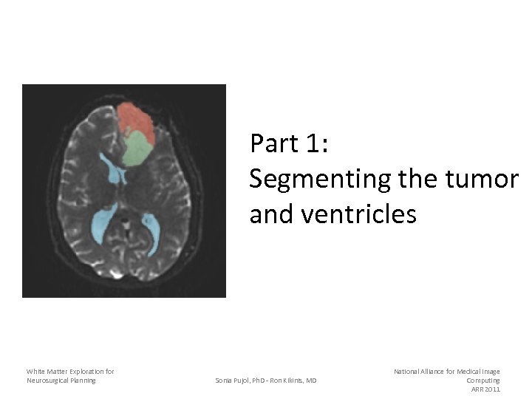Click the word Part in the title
tap(274, 143)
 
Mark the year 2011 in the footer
tap(492, 389)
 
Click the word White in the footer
tap(35, 371)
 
